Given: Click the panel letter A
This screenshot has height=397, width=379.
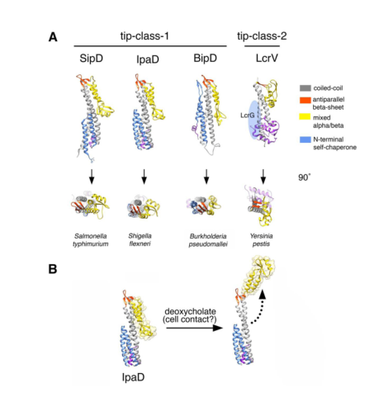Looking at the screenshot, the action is tap(53, 37).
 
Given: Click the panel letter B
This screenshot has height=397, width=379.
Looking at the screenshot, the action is tap(53, 269).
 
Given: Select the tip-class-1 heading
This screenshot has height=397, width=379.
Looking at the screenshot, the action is tap(144, 35).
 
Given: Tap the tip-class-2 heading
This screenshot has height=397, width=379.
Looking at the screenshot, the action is tap(262, 35).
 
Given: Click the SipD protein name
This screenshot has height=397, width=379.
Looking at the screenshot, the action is tap(91, 59).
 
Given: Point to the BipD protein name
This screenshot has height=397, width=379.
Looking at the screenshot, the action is tap(205, 59).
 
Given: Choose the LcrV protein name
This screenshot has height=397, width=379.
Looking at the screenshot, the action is tap(267, 59).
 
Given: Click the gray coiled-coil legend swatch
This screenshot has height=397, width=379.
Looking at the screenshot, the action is tap(305, 88).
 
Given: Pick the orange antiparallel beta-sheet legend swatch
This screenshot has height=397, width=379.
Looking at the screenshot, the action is tap(305, 100).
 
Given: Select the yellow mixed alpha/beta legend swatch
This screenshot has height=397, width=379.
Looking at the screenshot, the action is tap(305, 117).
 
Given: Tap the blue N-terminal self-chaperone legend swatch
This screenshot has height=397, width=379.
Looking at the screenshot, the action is tap(305, 139).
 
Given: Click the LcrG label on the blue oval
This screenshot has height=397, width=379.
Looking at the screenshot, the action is tap(247, 116).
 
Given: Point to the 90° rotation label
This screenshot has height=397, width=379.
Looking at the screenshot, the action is tap(304, 177).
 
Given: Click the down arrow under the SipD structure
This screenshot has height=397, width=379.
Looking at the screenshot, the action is tap(92, 177).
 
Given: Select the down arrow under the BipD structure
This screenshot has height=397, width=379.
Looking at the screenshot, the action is tap(206, 177).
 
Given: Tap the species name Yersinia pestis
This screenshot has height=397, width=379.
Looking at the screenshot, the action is tap(261, 240).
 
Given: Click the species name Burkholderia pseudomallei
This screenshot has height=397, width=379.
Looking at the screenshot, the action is tap(208, 240).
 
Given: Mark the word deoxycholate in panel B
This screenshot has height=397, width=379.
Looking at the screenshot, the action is tap(190, 311).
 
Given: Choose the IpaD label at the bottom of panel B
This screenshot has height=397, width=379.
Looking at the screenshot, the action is tap(133, 377).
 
